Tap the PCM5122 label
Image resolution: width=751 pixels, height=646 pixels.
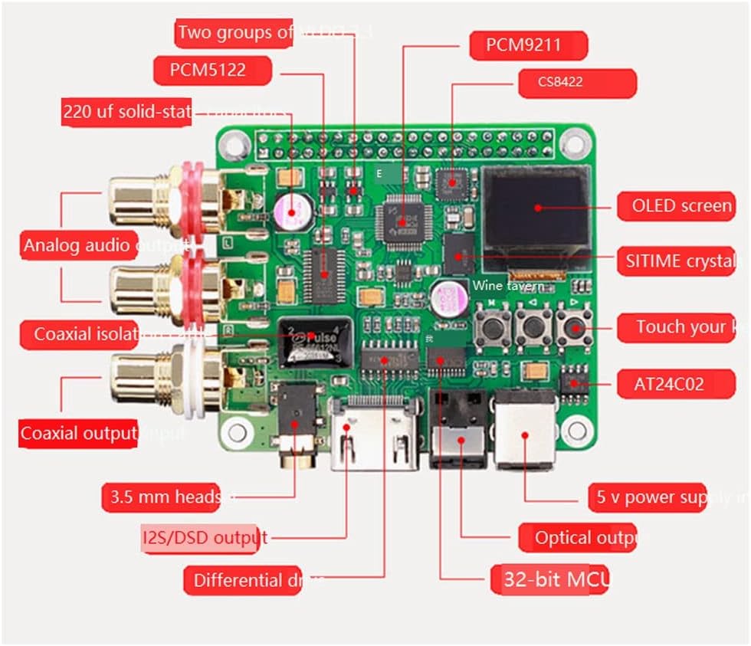point(212,71)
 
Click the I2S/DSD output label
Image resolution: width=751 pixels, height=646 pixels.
point(205,537)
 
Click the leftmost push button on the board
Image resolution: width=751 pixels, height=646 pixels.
point(487,328)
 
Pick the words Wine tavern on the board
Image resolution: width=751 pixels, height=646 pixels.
point(508,286)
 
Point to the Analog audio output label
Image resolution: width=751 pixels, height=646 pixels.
point(107,246)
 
